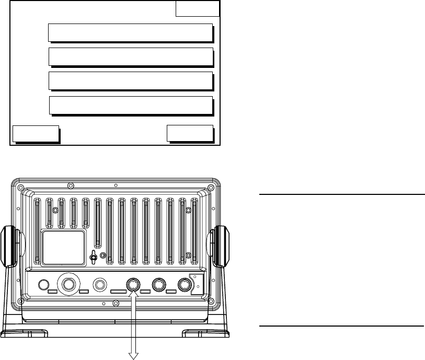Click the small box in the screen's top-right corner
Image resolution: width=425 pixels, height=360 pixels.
(x=197, y=9)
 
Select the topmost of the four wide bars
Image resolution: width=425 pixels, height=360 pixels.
(x=130, y=32)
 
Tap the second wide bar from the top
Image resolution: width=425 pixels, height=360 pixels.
(x=131, y=56)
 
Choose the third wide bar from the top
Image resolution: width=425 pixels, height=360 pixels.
(x=131, y=81)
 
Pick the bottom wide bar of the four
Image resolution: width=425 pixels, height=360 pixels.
(x=131, y=105)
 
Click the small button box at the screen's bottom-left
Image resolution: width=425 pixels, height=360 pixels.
(x=35, y=134)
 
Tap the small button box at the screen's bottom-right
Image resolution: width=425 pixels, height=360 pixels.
(x=190, y=133)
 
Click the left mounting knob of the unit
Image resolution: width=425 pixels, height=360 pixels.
(x=11, y=244)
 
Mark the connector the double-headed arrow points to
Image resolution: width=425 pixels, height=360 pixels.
(x=132, y=284)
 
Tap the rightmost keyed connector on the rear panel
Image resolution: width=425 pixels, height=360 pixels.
(x=184, y=284)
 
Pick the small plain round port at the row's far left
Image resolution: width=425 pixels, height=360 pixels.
(x=44, y=285)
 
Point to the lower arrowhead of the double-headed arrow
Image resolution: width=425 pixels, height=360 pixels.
(x=132, y=356)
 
